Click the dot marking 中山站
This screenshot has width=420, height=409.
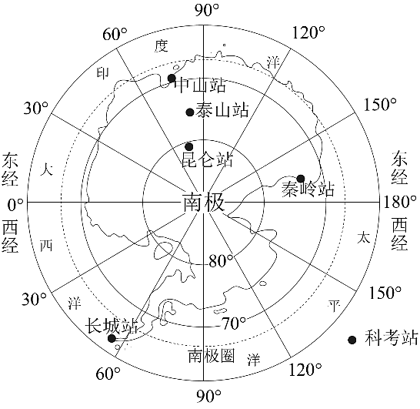172,79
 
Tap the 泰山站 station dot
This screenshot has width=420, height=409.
190,112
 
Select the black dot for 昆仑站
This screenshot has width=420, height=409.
189,146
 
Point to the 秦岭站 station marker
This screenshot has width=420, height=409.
301,179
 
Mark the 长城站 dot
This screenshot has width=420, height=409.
112,338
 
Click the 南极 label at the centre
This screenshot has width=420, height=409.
203,203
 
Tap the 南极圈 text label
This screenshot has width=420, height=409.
212,356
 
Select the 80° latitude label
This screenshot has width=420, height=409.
221,261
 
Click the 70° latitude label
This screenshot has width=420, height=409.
234,323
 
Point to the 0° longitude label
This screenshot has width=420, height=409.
15,205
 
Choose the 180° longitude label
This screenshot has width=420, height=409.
400,202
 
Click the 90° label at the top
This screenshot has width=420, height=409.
206,10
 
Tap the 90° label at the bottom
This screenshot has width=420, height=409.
209,396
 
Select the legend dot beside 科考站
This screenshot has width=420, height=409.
352,340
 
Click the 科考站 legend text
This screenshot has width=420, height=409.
391,338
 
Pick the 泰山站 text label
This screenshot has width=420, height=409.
222,109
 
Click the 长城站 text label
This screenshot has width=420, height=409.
112,326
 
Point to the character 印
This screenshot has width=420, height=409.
102,73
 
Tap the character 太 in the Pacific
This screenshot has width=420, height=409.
364,237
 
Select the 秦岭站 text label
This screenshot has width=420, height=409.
308,189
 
